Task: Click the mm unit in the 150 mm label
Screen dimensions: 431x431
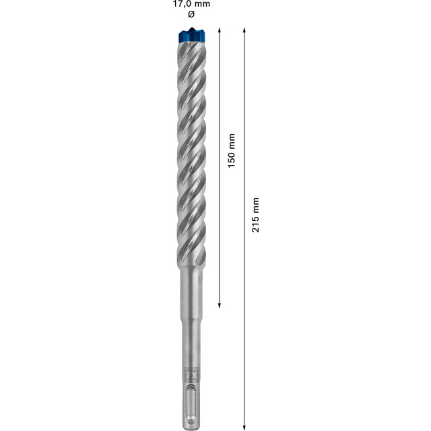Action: click(x=231, y=140)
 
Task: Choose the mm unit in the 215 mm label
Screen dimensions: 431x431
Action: click(x=255, y=205)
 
